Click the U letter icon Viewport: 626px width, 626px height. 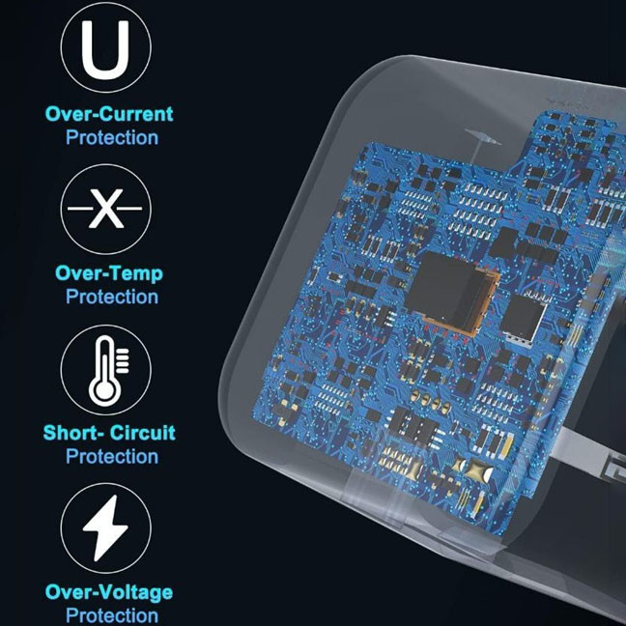click(x=105, y=50)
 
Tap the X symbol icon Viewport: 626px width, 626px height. click(x=106, y=209)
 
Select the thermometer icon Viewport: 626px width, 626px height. click(x=107, y=370)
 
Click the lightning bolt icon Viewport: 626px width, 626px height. click(x=105, y=527)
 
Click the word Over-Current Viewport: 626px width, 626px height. click(x=109, y=114)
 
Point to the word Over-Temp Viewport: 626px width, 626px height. click(x=109, y=274)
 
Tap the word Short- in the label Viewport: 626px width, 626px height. click(x=73, y=433)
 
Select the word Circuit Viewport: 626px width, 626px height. click(x=143, y=433)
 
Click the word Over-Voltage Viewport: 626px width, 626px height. click(x=109, y=592)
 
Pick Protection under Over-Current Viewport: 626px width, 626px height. click(x=112, y=138)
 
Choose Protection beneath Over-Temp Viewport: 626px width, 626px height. click(x=112, y=297)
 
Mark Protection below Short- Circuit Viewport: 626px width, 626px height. click(x=112, y=456)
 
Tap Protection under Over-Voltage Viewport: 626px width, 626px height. click(x=112, y=615)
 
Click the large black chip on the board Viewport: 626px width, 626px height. click(x=448, y=290)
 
